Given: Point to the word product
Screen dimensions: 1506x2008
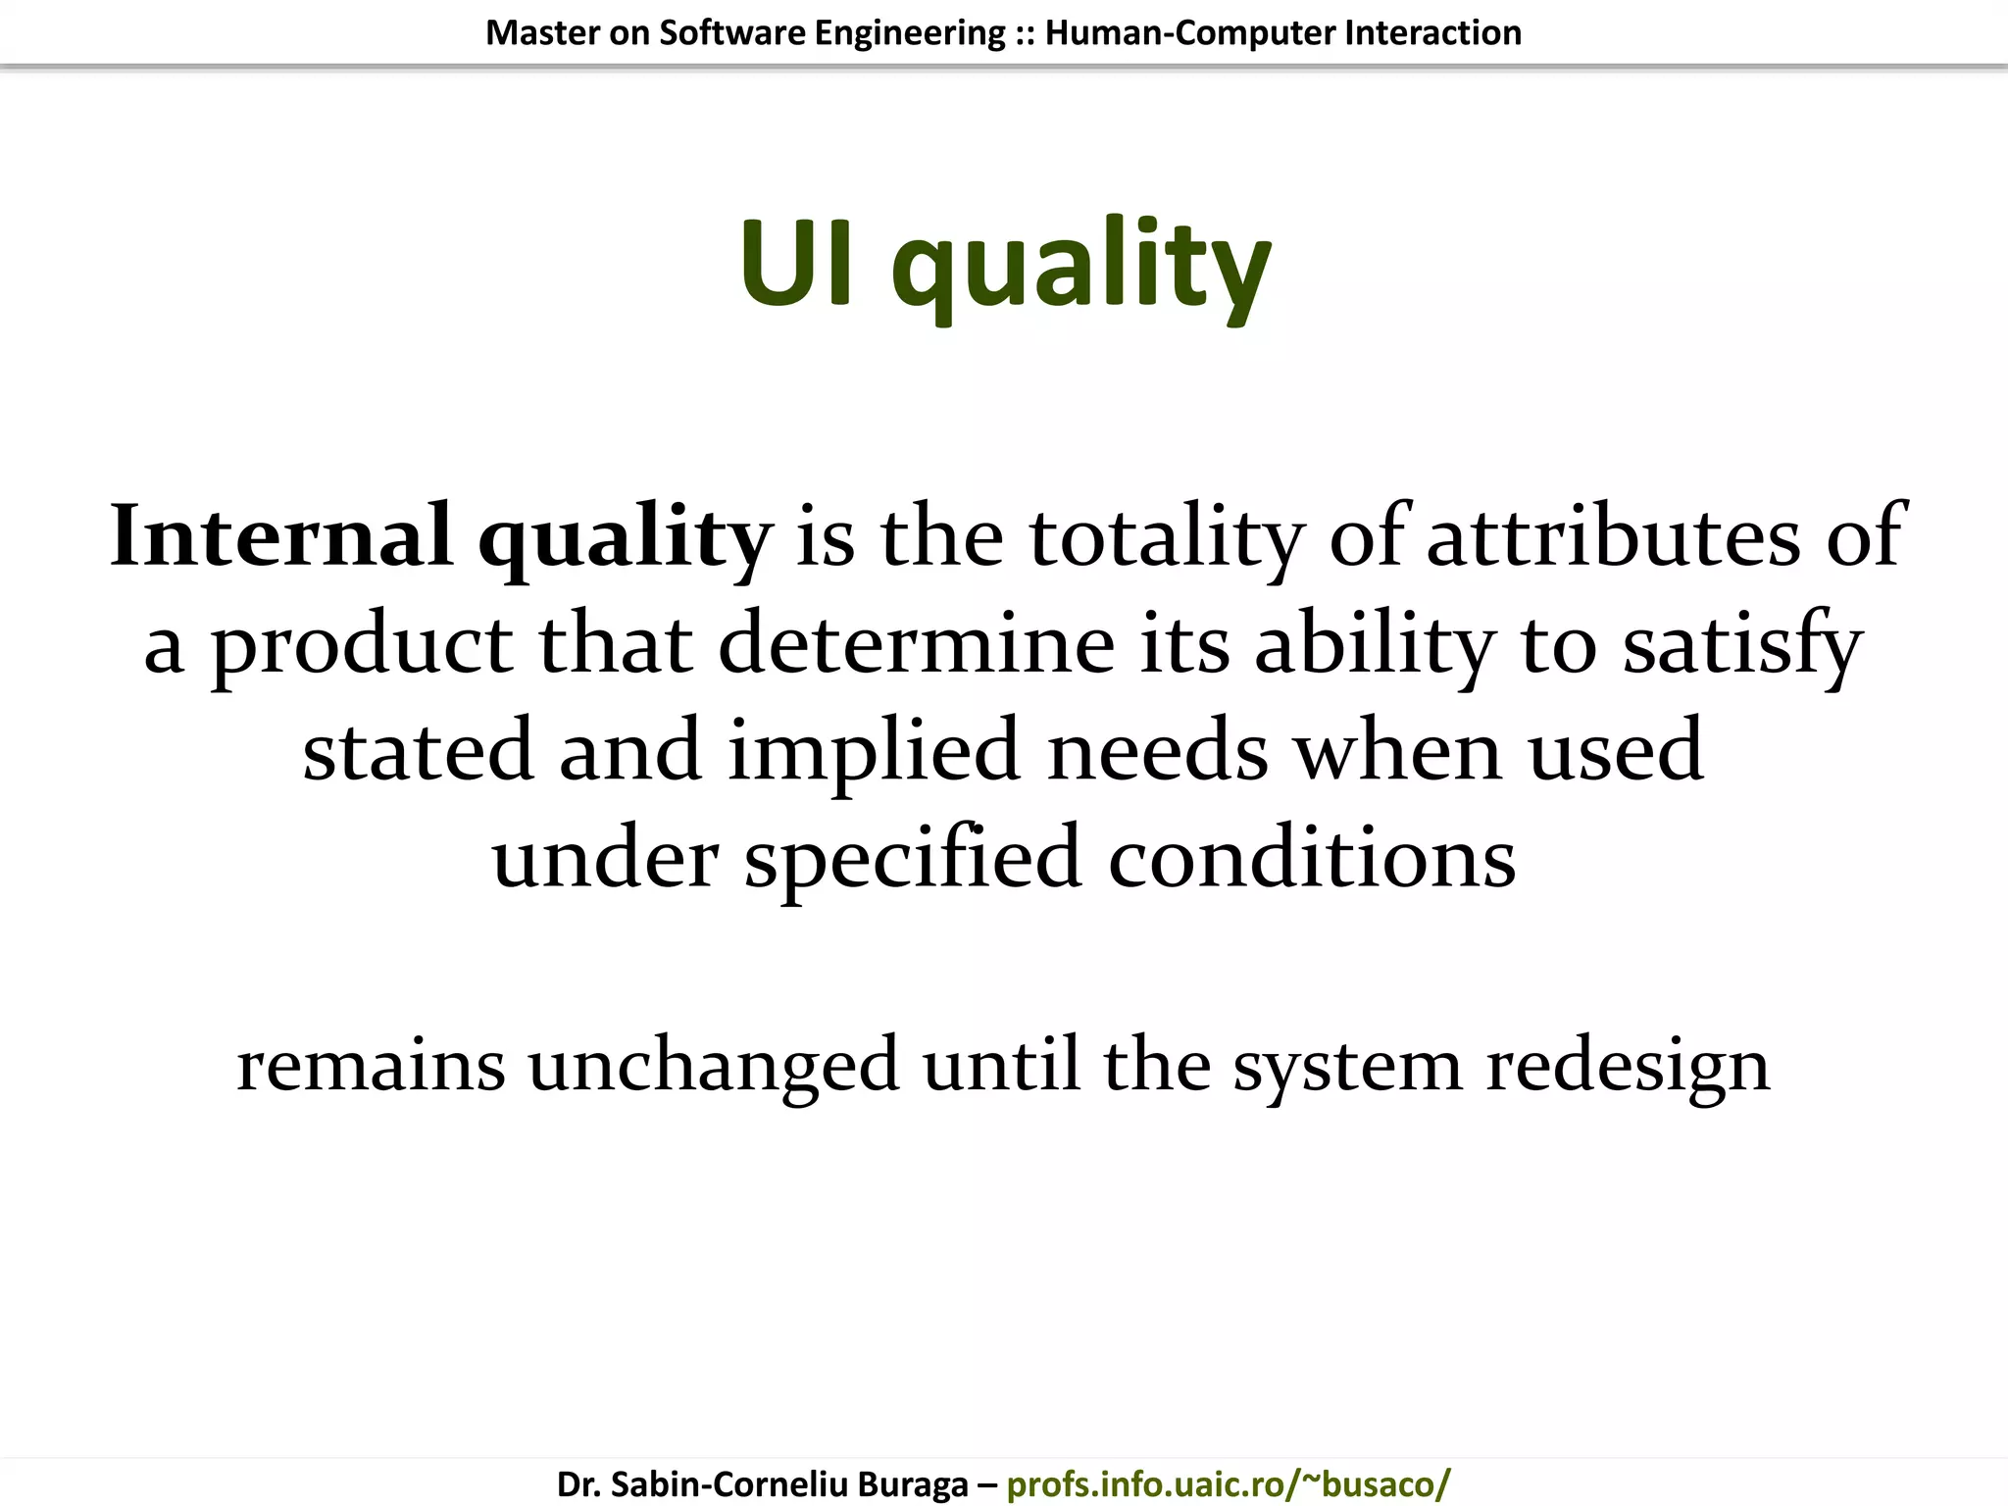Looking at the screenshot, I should pos(362,646).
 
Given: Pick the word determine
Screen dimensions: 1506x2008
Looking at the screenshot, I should pos(917,644).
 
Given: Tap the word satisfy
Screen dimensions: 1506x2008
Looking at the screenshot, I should pos(1742,646).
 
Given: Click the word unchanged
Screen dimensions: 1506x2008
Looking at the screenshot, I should pos(714,1066).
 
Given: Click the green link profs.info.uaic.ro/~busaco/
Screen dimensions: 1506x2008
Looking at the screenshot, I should pos(1228,1484).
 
